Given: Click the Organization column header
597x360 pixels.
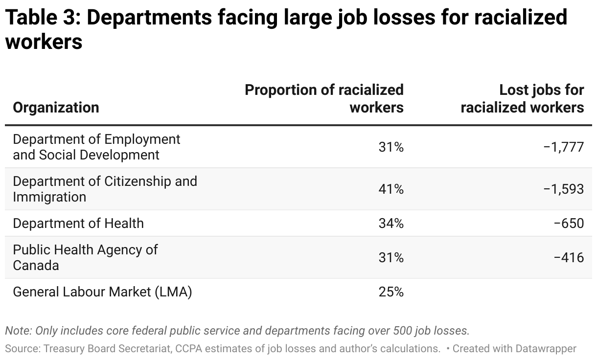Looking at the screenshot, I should [56, 107].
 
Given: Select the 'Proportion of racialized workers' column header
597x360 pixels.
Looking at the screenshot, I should [324, 98].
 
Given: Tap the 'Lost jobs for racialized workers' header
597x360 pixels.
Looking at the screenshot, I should [522, 98].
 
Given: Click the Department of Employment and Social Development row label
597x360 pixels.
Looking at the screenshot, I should [96, 147].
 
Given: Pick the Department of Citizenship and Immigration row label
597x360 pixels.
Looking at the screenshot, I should [105, 189].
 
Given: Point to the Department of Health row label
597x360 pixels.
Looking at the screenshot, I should [78, 223].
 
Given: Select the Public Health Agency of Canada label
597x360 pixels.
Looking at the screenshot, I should [85, 257].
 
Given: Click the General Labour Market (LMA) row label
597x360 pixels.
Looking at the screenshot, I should [102, 292].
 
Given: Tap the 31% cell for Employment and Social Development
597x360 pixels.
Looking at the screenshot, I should [390, 147].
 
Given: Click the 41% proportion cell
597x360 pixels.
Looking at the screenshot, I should [390, 189].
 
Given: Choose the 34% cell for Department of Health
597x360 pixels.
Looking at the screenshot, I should [390, 223].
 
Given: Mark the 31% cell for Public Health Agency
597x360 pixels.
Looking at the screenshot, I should [390, 257].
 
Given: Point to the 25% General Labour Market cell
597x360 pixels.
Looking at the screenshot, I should [390, 292].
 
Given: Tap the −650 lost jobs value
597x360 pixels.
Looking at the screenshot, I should [569, 223].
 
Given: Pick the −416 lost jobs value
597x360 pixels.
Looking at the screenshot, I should [569, 257].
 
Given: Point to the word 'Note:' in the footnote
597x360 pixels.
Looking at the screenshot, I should [19, 331].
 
